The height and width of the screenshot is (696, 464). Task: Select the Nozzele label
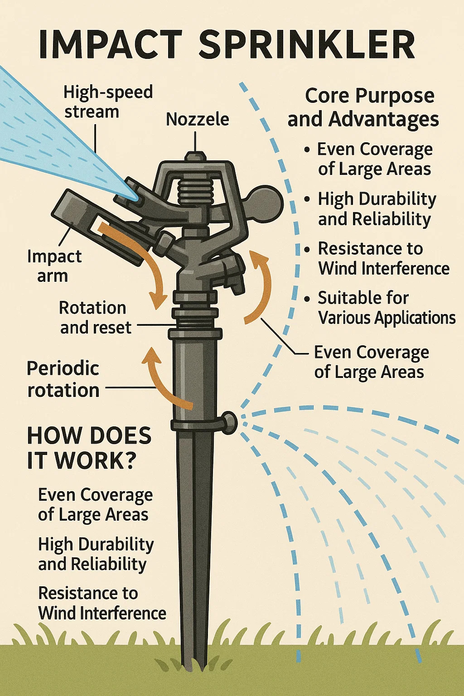click(x=197, y=119)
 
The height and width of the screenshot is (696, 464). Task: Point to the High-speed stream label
click(x=108, y=101)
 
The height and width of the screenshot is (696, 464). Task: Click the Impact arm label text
click(x=54, y=266)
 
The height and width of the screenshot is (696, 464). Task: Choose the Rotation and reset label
click(x=95, y=317)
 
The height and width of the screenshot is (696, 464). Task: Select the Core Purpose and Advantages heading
click(x=363, y=107)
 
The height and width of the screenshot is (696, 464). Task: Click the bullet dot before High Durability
click(x=308, y=199)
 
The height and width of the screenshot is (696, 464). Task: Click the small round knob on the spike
click(x=229, y=422)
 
